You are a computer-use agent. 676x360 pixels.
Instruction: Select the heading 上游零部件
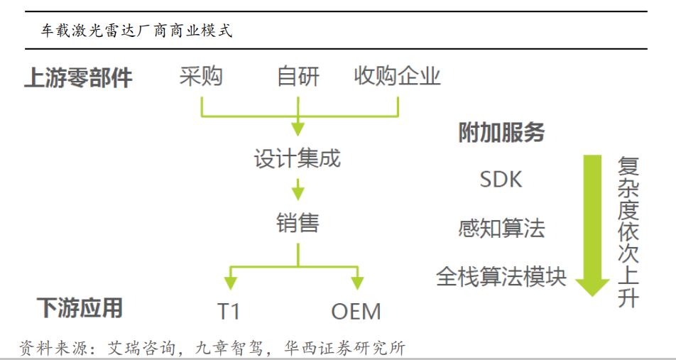click(x=78, y=77)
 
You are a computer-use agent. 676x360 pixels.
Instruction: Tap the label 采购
click(x=201, y=76)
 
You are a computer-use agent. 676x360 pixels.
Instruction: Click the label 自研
click(x=298, y=76)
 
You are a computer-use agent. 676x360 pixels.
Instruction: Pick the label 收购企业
click(x=397, y=76)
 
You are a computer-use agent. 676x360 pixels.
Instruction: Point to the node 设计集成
click(x=298, y=158)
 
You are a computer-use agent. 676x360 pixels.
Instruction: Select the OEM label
click(x=356, y=310)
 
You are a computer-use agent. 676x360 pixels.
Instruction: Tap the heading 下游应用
click(x=80, y=307)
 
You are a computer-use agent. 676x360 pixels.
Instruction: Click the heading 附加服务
click(x=501, y=133)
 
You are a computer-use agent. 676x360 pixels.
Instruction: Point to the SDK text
click(x=501, y=180)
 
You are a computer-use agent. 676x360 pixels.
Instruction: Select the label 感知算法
click(x=501, y=229)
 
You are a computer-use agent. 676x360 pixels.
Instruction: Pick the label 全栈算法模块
click(x=501, y=276)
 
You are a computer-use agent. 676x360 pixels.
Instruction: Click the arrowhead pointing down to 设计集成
click(x=298, y=129)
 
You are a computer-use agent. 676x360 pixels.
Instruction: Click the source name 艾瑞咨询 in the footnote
click(x=135, y=348)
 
